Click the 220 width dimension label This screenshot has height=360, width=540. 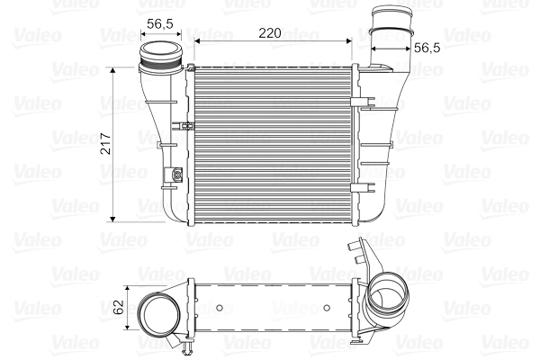tap(270, 32)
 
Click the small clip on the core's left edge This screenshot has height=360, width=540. tap(186, 125)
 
